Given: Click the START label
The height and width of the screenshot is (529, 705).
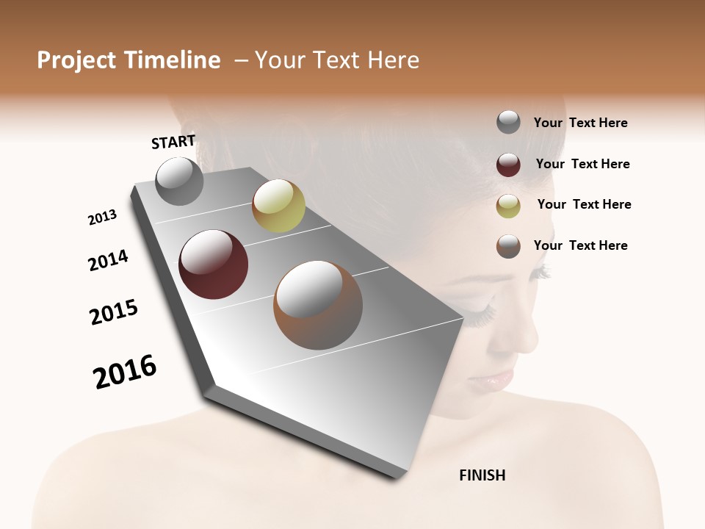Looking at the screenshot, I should tap(173, 142).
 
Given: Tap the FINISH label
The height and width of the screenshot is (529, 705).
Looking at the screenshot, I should tap(482, 475).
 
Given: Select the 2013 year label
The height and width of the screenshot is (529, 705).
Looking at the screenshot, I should tap(103, 217).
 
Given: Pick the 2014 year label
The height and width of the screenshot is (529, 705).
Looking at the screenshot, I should tap(108, 260).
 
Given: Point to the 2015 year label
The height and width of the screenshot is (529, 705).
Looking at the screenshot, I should tap(114, 312).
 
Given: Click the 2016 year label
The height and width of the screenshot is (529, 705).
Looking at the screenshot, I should tap(125, 372).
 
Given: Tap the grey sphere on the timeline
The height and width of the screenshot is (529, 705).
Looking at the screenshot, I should tap(180, 181).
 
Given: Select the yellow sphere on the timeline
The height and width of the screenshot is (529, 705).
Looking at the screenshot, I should tap(278, 206).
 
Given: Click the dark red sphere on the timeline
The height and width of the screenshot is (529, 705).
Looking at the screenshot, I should tap(214, 264).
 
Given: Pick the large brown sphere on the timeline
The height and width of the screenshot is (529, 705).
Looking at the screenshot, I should tap(318, 305).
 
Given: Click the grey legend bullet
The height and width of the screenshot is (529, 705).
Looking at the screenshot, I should tap(508, 122).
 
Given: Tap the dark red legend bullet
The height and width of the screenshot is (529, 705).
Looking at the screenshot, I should tap(508, 164).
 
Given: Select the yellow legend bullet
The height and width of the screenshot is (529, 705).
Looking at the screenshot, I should tap(508, 205).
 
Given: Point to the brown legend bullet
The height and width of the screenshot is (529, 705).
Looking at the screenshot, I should tap(508, 246).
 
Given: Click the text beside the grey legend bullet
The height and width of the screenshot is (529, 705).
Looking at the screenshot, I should tap(580, 123).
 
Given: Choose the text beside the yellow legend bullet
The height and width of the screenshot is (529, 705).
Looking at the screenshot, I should tap(584, 204).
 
